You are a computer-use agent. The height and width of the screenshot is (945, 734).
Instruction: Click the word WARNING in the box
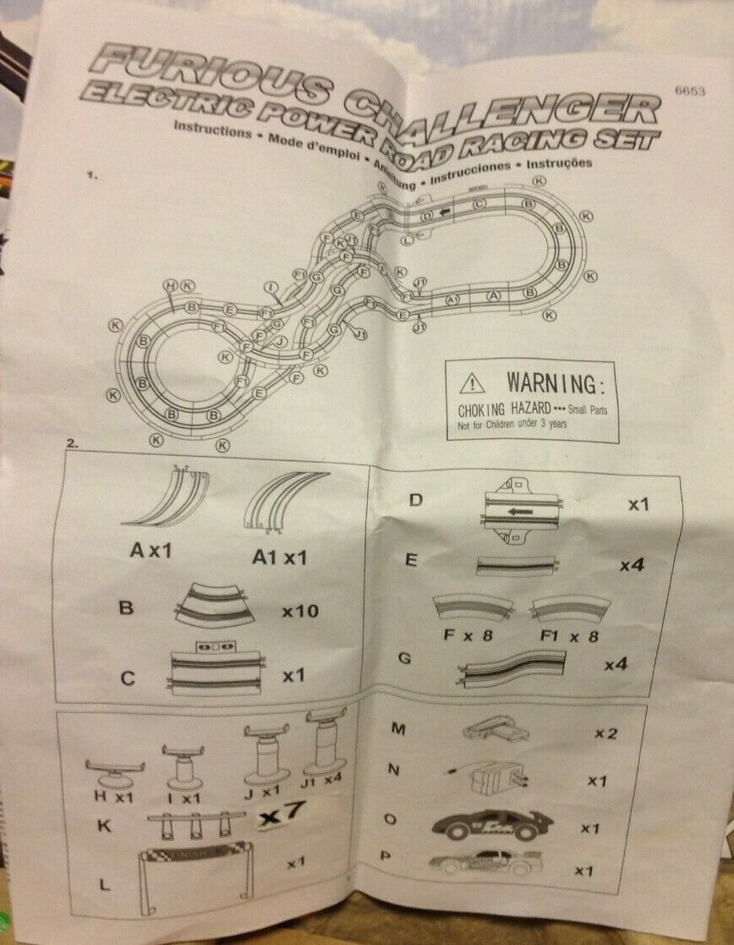556,385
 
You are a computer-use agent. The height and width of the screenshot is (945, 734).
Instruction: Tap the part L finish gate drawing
194,867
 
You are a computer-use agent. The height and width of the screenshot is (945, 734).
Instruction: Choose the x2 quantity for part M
605,733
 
